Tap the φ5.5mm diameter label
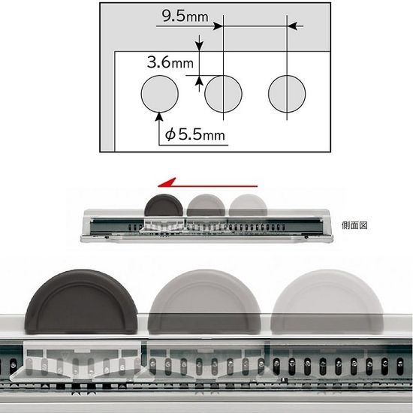pos(195,135)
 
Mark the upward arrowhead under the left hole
pos(160,115)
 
